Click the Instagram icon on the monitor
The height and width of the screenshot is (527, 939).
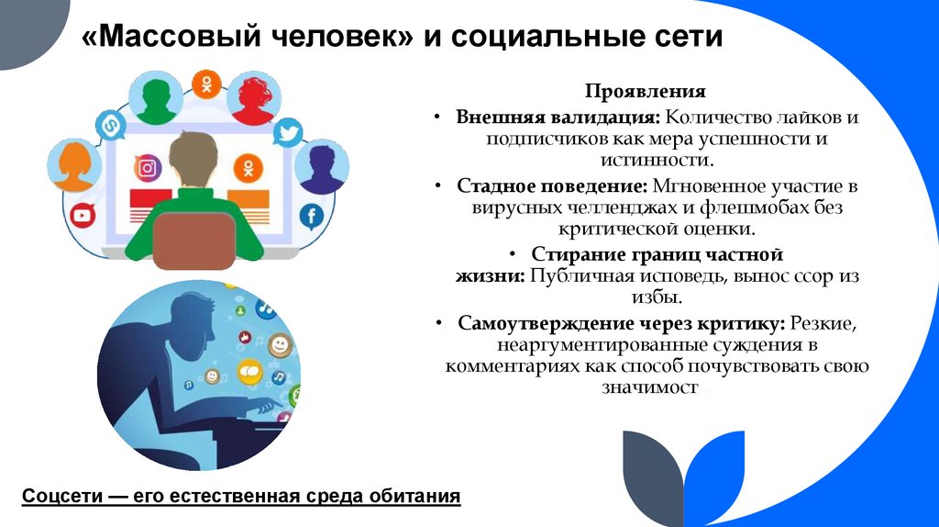click(148, 168)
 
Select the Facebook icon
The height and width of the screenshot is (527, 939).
click(312, 217)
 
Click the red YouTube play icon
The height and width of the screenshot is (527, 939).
click(83, 216)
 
